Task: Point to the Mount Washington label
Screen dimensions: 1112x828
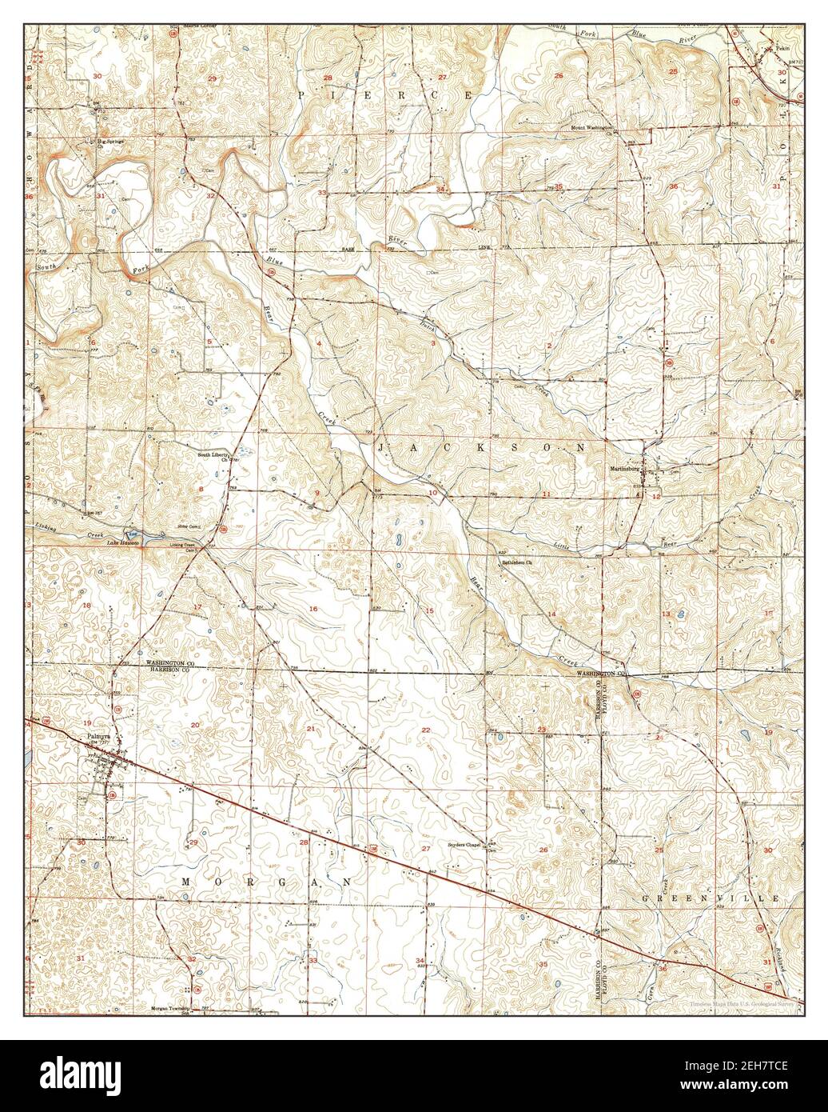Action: click(591, 127)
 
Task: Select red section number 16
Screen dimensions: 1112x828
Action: click(313, 610)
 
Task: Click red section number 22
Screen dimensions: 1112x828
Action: click(426, 730)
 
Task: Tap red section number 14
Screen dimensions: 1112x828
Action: click(551, 614)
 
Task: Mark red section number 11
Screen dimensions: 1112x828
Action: click(546, 496)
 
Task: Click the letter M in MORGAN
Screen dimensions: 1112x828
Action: click(186, 881)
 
